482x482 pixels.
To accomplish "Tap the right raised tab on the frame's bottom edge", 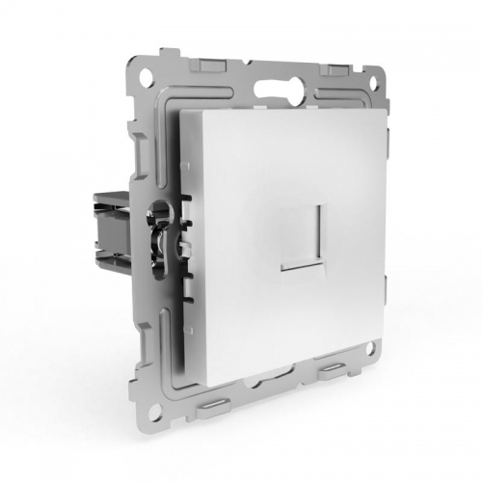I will click(326, 416).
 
